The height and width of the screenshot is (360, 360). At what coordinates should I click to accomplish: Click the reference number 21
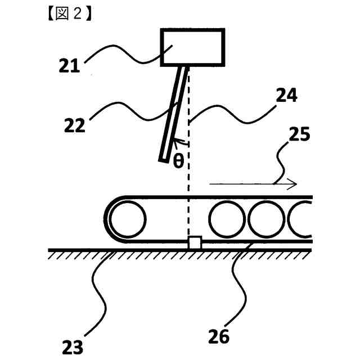pyautogui.click(x=71, y=66)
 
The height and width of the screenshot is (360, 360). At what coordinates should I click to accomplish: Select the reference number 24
pyautogui.click(x=285, y=96)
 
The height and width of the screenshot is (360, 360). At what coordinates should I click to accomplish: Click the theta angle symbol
pyautogui.click(x=178, y=161)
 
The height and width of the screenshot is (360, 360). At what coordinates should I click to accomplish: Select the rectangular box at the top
pyautogui.click(x=193, y=47)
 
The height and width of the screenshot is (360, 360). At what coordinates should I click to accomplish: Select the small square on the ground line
pyautogui.click(x=194, y=243)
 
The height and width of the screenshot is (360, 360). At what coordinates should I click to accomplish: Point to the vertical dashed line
pyautogui.click(x=190, y=169)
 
